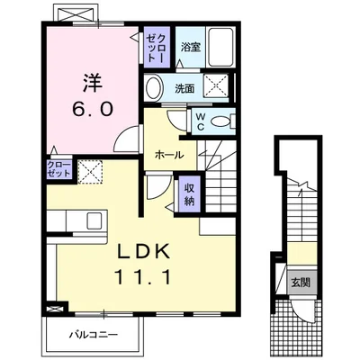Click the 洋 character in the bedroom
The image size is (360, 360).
tap(92, 83)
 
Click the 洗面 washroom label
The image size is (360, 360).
tap(184, 89)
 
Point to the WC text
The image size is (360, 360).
tap(202, 121)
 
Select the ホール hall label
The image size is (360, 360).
tap(169, 154)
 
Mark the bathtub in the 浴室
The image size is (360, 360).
tap(219, 49)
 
